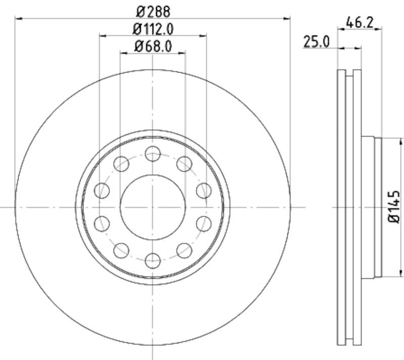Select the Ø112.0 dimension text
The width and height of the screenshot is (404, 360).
click(153, 28)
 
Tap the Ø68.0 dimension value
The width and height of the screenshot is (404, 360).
click(153, 46)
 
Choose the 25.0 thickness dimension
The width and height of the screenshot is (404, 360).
click(317, 42)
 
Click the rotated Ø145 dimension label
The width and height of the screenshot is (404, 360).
click(394, 207)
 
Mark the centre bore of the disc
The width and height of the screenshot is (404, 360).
click(153, 207)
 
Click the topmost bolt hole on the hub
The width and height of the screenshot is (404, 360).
click(153, 153)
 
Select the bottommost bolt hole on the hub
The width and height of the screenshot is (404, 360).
click(153, 261)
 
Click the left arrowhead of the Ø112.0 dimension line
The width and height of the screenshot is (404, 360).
click(103, 36)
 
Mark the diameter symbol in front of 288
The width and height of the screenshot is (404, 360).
click(140, 10)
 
